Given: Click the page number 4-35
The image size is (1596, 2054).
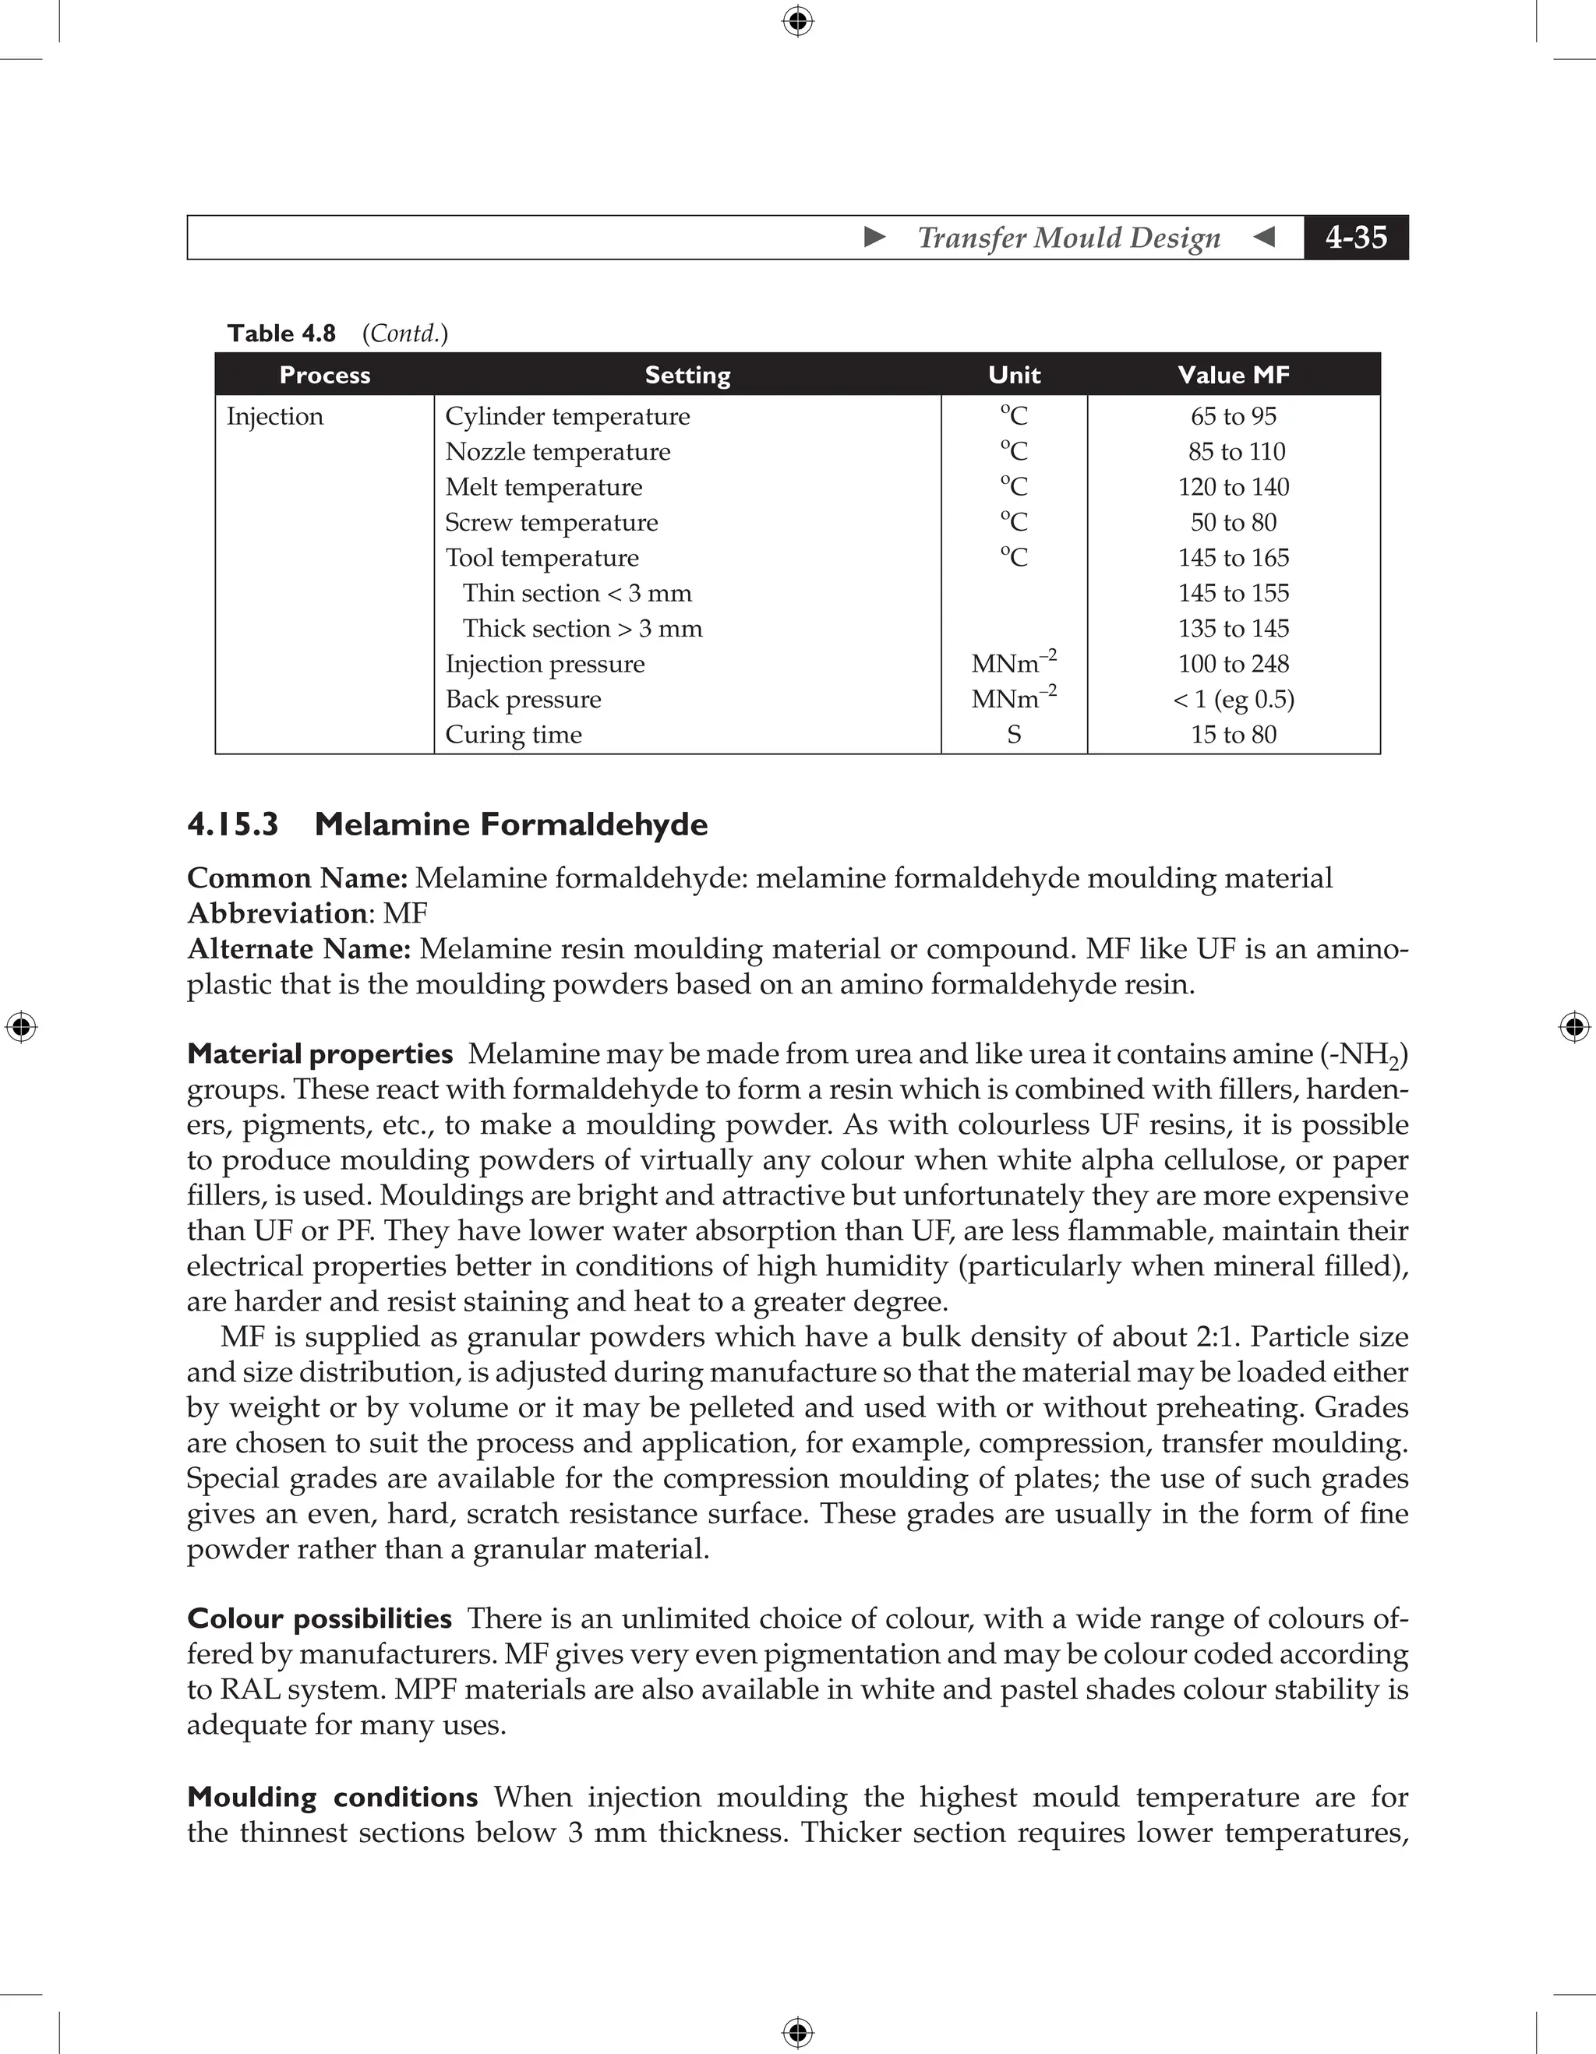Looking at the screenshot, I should pyautogui.click(x=1355, y=237).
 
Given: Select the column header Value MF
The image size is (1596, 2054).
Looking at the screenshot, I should pyautogui.click(x=1233, y=376).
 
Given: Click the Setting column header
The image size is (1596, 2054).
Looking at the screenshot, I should pyautogui.click(x=687, y=376).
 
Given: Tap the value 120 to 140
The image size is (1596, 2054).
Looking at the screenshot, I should pyautogui.click(x=1233, y=487).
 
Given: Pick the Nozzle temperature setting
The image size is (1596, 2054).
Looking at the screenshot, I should pyautogui.click(x=558, y=453).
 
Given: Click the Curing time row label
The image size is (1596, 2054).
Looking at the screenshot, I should pyautogui.click(x=514, y=735).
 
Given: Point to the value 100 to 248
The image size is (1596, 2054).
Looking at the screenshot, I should pyautogui.click(x=1233, y=664).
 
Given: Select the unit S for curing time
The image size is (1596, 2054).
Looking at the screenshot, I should pyautogui.click(x=1014, y=735).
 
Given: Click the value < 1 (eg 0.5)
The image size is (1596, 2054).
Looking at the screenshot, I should pyautogui.click(x=1233, y=700).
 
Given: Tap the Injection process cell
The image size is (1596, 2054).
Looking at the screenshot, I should pyautogui.click(x=274, y=417).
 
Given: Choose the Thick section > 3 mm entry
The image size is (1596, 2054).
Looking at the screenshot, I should pyautogui.click(x=582, y=628).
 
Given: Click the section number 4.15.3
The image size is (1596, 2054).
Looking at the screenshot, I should pyautogui.click(x=233, y=825).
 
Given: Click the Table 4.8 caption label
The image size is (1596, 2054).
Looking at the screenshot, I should pyautogui.click(x=281, y=334).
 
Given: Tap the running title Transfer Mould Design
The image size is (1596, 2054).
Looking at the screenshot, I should pyautogui.click(x=1068, y=238).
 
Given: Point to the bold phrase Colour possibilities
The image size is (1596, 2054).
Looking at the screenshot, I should pyautogui.click(x=320, y=1618).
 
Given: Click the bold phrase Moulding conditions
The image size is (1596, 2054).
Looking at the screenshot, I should pyautogui.click(x=333, y=1797).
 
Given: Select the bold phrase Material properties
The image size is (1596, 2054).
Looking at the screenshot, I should pyautogui.click(x=320, y=1054).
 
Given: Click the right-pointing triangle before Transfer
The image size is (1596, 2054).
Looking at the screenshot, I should pyautogui.click(x=874, y=237).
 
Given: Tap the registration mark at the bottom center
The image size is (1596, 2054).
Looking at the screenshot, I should pyautogui.click(x=797, y=2032).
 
